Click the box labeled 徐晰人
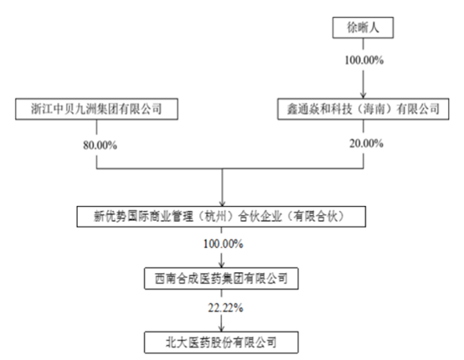point(363,28)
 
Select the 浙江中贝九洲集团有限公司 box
point(96,109)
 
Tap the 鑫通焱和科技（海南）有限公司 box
point(363,109)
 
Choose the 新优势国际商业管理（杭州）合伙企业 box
point(221,217)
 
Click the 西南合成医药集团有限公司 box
point(221,278)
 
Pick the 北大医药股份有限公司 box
point(221,342)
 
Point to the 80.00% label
point(100,145)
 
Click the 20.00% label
point(366,143)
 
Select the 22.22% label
point(225,308)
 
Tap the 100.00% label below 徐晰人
point(364,60)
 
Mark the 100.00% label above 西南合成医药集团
point(224,244)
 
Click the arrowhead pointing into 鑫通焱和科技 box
point(363,95)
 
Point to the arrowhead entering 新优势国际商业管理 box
point(222,203)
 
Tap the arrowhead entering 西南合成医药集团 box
point(221,265)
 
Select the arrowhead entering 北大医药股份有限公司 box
point(221,329)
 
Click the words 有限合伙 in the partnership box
point(316,217)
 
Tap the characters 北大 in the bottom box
point(177,342)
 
